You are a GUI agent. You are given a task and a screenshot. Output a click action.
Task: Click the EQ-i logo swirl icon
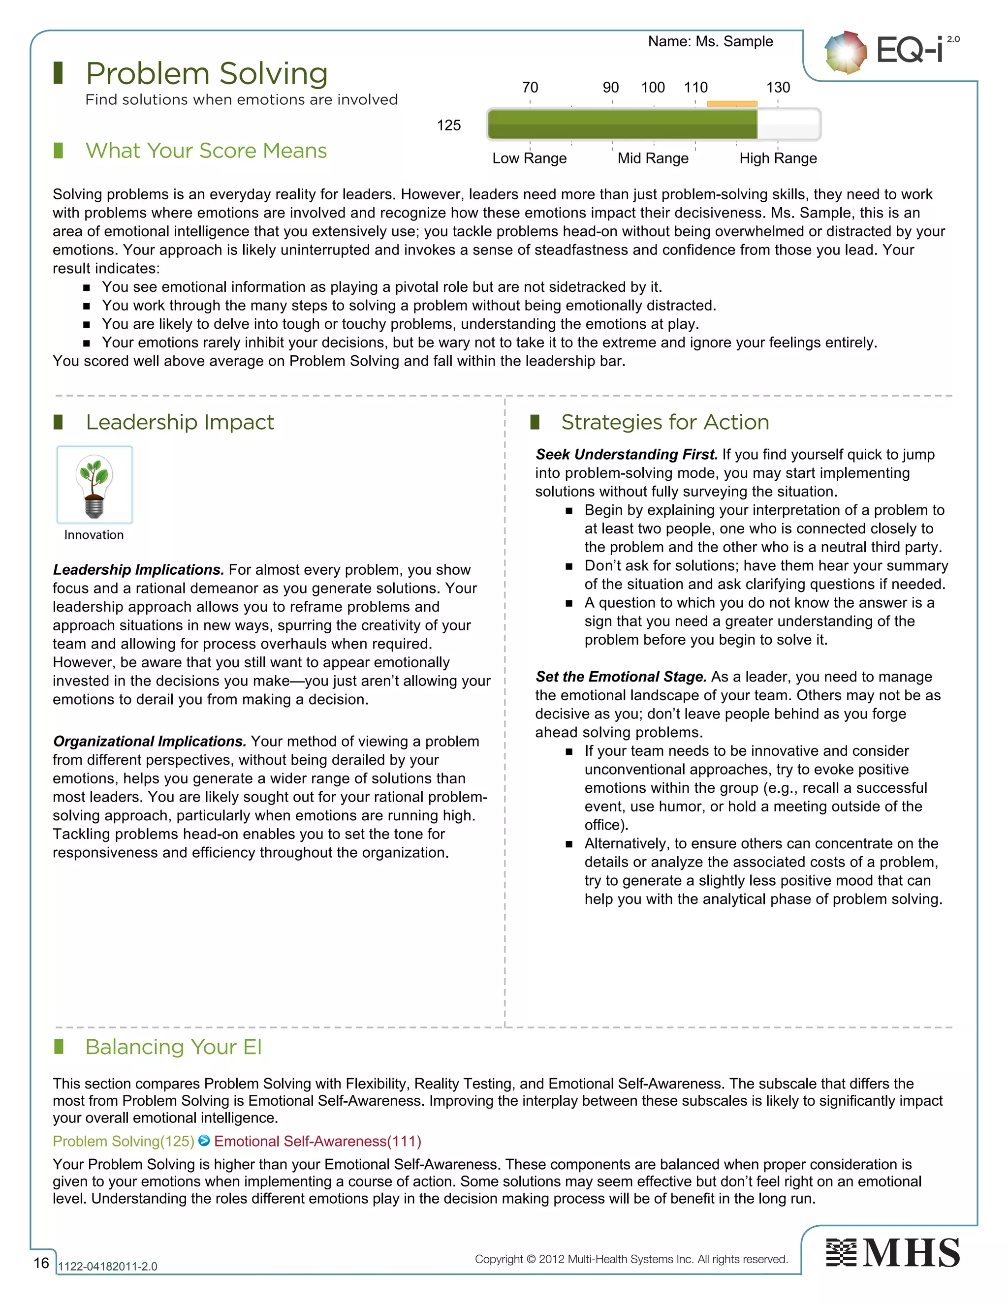[845, 53]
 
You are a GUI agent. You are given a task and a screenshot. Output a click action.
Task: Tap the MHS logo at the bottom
[893, 1253]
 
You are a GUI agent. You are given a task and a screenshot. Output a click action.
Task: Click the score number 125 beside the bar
[448, 125]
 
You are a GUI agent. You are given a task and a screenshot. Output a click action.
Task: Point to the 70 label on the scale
[530, 88]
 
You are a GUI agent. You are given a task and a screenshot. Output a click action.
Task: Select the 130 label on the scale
[778, 88]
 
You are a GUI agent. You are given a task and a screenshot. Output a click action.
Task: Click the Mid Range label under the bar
[653, 158]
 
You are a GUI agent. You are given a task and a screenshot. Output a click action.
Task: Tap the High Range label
[778, 158]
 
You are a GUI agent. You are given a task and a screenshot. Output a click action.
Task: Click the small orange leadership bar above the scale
[731, 104]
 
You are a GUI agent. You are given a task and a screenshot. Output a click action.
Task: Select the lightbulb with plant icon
[94, 485]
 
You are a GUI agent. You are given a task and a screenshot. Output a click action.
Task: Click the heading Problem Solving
[207, 74]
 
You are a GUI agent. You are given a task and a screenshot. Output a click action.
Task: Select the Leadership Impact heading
[180, 422]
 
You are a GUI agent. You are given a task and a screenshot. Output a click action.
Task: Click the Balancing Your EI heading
[173, 1047]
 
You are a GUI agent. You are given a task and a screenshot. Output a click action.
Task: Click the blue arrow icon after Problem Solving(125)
[204, 1141]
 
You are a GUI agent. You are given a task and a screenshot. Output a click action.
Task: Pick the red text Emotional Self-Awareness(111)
[317, 1141]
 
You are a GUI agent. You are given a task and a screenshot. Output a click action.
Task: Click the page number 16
[41, 1262]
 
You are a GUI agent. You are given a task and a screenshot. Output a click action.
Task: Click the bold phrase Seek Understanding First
[627, 454]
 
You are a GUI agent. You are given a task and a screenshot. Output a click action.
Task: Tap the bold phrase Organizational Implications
[149, 741]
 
